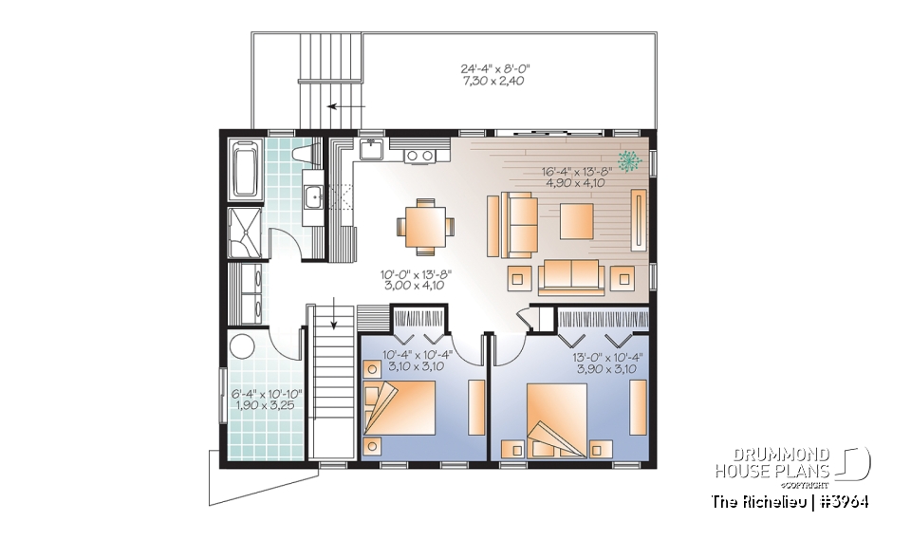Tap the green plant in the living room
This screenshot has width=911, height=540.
click(628, 160)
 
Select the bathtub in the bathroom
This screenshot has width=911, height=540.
click(244, 168)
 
